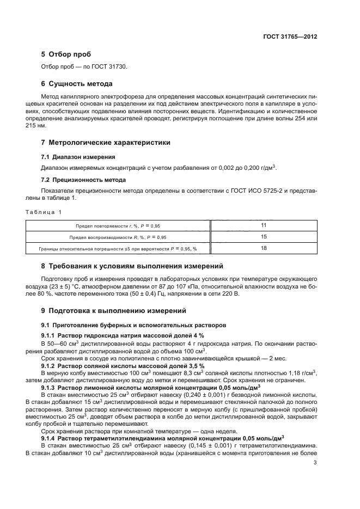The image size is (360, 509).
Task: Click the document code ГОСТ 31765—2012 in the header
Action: coord(290,37)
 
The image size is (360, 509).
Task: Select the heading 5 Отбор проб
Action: coord(66,55)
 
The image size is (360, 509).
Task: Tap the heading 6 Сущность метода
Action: coord(77,84)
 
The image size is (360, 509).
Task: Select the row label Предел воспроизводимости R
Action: coord(118,237)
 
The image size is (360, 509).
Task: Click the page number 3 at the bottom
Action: coord(315,463)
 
